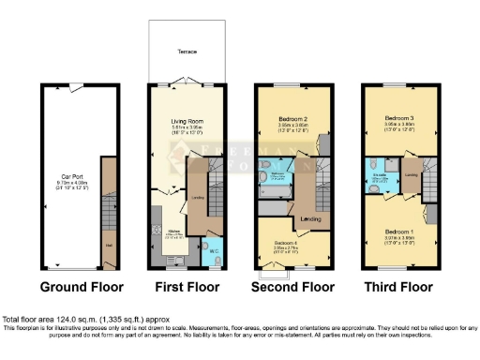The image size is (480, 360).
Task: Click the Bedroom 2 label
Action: click(x=292, y=119)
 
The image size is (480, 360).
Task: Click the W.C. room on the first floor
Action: click(x=213, y=250)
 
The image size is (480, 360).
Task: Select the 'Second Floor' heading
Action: click(x=292, y=287)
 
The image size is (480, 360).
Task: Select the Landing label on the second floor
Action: click(x=310, y=220)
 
